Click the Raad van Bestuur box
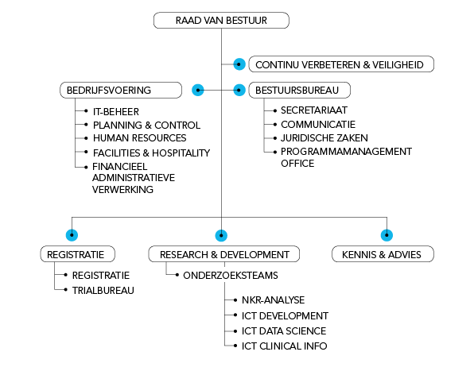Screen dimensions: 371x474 (220, 21)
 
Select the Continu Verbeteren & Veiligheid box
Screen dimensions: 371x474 (341, 64)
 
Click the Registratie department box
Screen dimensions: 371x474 (77, 254)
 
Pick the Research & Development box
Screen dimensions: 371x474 (224, 254)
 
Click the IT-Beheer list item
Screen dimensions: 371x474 (116, 111)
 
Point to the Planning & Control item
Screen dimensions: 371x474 (146, 125)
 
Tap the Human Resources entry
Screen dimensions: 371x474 (139, 138)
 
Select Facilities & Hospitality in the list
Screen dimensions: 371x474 (151, 152)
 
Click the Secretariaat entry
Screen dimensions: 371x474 (314, 110)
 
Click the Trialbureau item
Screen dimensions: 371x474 (103, 290)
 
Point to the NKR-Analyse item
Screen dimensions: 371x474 (271, 301)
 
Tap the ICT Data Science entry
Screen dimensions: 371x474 (284, 330)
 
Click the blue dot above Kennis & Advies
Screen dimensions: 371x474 (387, 234)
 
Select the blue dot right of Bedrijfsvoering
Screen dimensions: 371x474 (198, 90)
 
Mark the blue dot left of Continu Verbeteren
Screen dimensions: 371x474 (239, 64)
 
